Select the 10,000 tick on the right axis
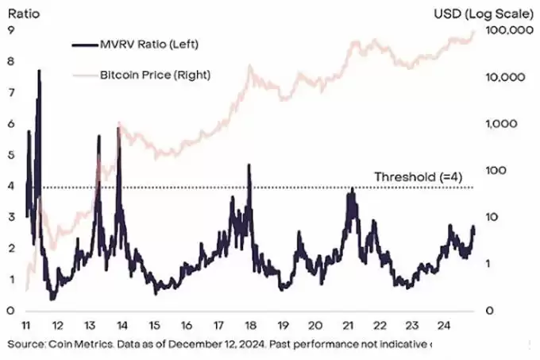tap(507, 78)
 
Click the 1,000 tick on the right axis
tap(502, 125)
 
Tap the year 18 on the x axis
tap(250, 327)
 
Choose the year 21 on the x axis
tap(348, 327)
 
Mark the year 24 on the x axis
tap(445, 327)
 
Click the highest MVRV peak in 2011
tap(39, 72)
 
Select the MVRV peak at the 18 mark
tap(249, 165)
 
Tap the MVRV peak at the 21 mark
tap(350, 191)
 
